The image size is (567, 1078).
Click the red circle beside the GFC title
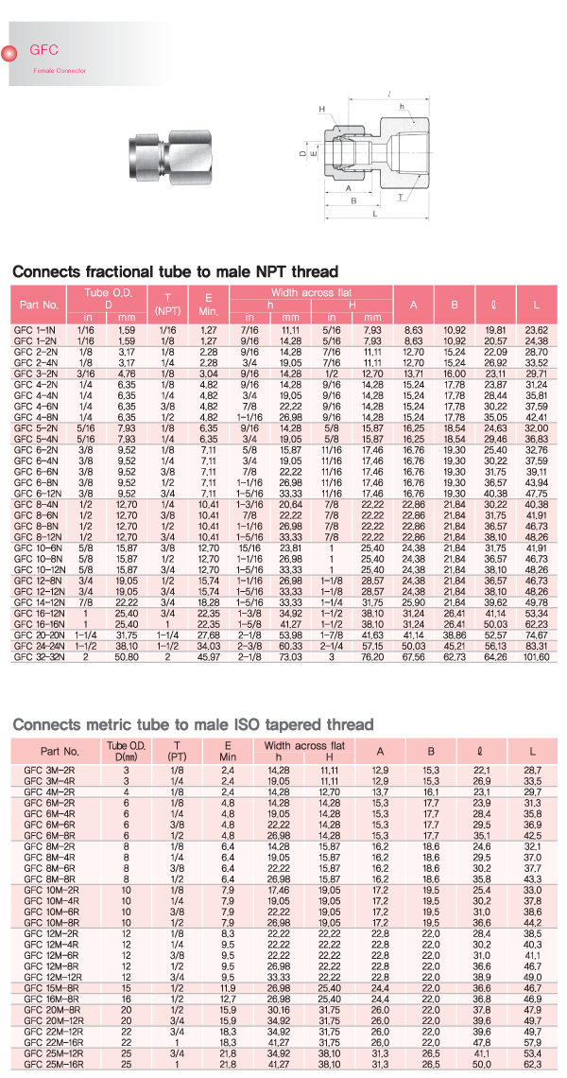(x=10, y=54)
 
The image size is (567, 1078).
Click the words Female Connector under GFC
(x=60, y=71)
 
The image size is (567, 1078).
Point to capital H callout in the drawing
(x=321, y=108)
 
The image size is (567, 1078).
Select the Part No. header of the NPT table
(x=38, y=305)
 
